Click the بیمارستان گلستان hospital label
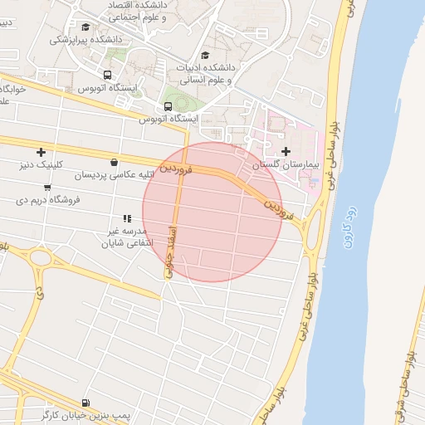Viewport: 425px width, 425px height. pyautogui.click(x=286, y=166)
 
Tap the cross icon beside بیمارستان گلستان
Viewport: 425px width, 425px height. pyautogui.click(x=286, y=151)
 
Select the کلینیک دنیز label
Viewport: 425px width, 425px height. pyautogui.click(x=41, y=165)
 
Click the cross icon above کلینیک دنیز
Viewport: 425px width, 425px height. pyautogui.click(x=41, y=151)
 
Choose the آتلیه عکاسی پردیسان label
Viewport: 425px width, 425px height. pyautogui.click(x=112, y=175)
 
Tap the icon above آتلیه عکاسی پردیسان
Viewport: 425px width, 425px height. pyautogui.click(x=113, y=162)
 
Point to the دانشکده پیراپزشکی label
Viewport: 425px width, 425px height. pyautogui.click(x=85, y=39)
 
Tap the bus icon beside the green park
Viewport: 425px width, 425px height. pyautogui.click(x=169, y=107)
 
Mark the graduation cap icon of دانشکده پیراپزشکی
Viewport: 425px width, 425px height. pyautogui.click(x=85, y=27)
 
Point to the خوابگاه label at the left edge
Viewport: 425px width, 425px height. pyautogui.click(x=13, y=88)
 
